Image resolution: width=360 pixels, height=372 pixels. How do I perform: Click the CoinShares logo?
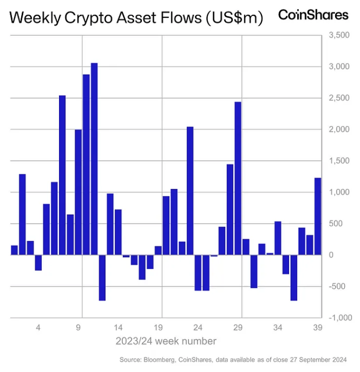(x=313, y=15)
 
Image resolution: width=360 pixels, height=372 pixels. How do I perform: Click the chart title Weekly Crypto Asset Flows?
(x=136, y=18)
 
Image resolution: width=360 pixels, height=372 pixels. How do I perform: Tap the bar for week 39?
(x=318, y=216)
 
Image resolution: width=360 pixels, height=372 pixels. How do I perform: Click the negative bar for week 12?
(x=102, y=277)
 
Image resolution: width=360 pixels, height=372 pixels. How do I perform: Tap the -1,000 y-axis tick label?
(x=339, y=318)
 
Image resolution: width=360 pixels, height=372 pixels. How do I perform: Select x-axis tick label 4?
(x=38, y=328)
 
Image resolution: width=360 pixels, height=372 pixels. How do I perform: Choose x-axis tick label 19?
(x=158, y=328)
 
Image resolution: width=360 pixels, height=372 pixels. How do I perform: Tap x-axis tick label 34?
(x=278, y=328)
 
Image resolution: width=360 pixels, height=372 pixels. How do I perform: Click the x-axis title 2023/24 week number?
(x=166, y=341)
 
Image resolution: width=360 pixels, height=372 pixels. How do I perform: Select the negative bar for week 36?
(x=294, y=277)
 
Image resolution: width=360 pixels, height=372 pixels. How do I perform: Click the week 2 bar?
(x=22, y=214)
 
